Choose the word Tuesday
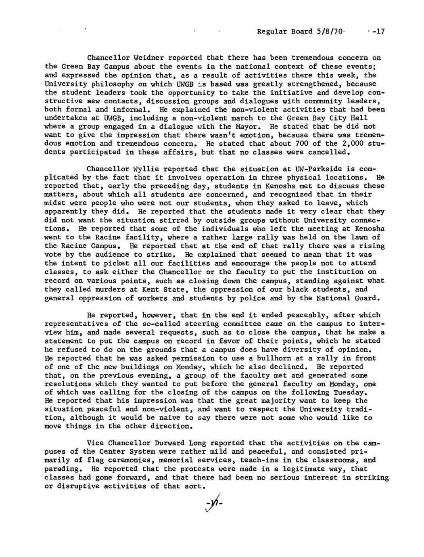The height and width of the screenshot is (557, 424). (353, 392)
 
